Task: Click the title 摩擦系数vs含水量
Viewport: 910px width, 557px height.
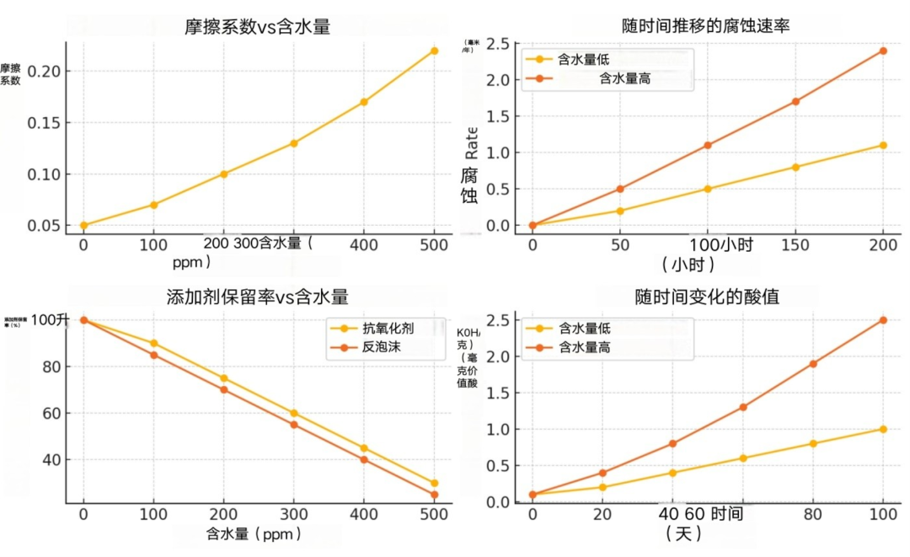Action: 257,27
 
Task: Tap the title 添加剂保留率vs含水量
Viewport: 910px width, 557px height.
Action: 257,297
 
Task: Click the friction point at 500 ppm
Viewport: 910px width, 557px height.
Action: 434,51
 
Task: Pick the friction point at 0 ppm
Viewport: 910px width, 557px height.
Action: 83,225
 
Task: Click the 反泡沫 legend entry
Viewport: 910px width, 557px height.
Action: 381,346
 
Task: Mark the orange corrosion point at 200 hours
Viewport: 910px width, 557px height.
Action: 883,51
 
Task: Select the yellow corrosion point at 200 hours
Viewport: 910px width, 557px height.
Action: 883,145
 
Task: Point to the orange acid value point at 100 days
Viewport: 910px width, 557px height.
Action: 883,320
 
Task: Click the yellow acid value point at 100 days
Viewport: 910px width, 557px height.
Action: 883,429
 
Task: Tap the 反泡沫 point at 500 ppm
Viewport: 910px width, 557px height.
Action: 434,495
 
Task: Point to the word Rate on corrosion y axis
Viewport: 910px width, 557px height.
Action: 471,142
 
